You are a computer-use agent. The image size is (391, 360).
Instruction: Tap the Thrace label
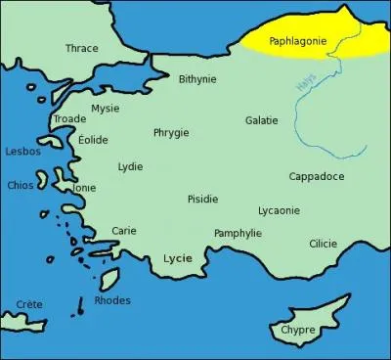81,48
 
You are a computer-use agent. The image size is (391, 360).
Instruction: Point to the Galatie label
261,120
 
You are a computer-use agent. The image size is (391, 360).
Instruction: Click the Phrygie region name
171,132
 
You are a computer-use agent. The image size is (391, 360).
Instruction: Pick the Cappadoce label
316,176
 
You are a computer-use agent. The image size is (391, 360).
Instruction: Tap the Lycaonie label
279,210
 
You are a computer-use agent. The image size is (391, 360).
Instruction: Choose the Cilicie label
323,244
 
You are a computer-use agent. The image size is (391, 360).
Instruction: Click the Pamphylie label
238,233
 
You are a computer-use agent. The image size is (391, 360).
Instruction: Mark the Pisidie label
202,199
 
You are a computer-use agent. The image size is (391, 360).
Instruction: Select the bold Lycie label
177,258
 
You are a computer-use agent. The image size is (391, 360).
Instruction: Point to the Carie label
124,231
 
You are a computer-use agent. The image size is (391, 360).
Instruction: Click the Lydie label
130,166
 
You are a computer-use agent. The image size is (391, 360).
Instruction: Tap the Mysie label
105,109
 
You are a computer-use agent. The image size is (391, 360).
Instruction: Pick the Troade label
69,118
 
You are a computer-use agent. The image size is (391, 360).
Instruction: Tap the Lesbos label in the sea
22,152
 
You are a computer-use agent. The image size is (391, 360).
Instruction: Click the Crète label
29,304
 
